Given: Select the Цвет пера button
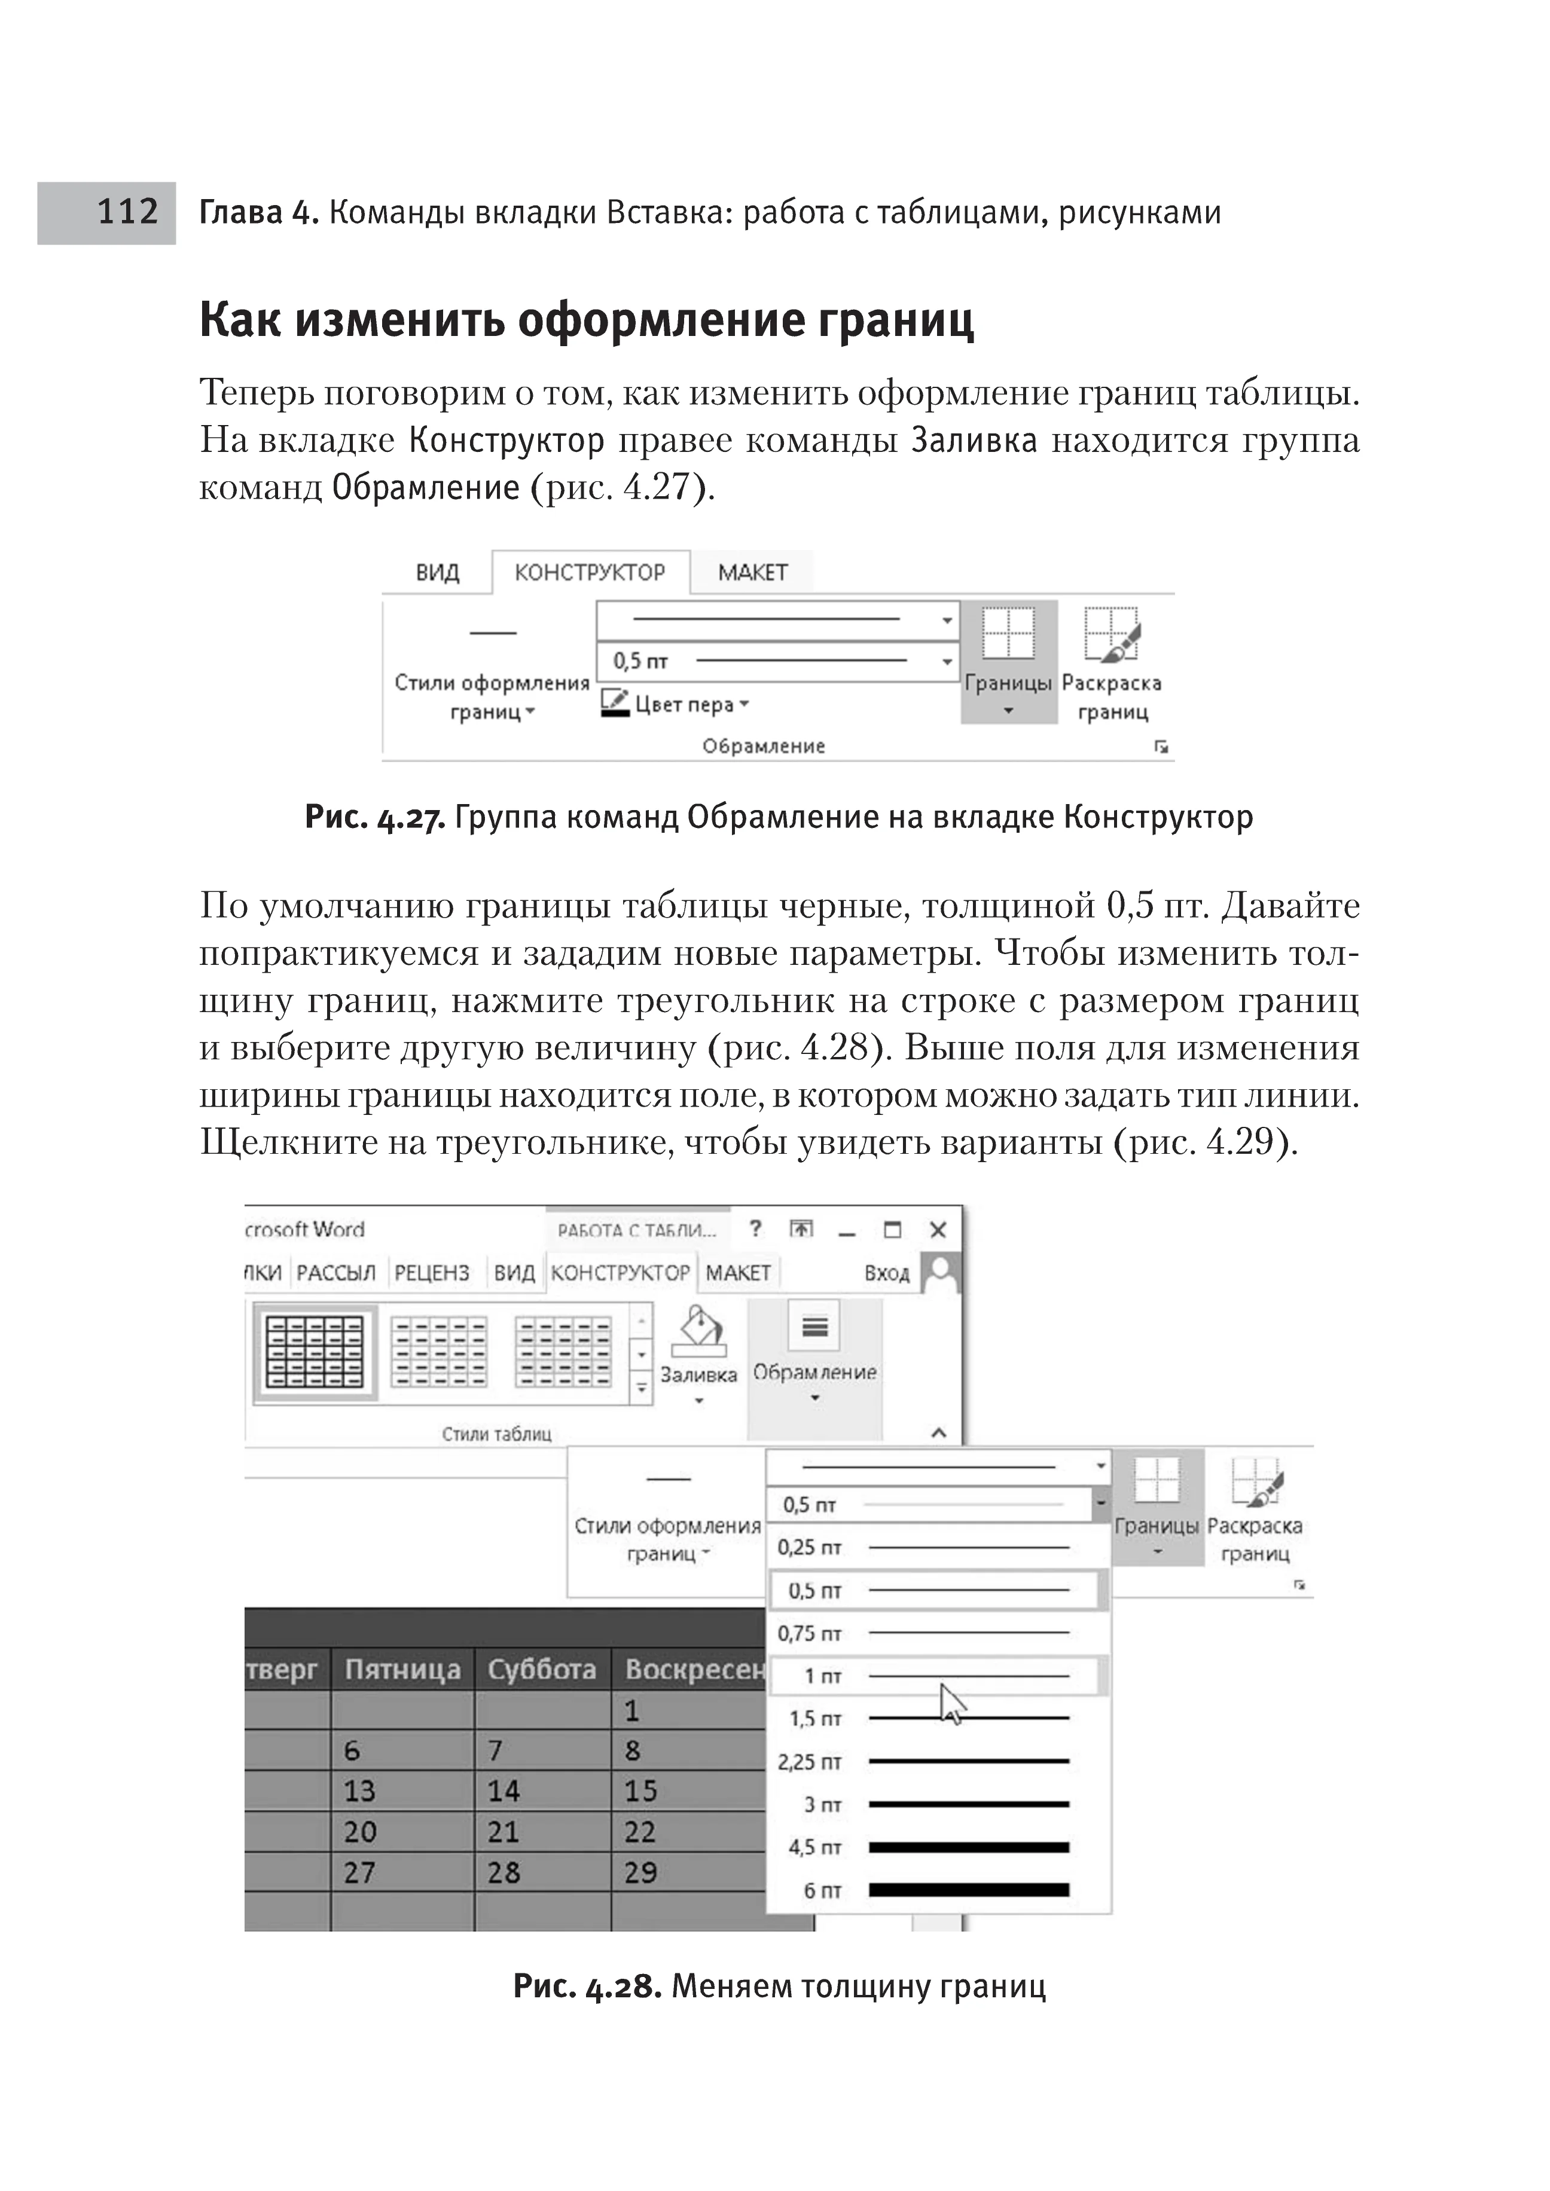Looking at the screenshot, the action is coord(675,704).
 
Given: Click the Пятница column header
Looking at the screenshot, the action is coord(402,1669).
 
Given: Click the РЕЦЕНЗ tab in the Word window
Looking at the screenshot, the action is coord(431,1273).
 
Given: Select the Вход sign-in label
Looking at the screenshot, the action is coord(887,1273).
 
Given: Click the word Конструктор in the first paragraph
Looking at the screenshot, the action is coord(507,440).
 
